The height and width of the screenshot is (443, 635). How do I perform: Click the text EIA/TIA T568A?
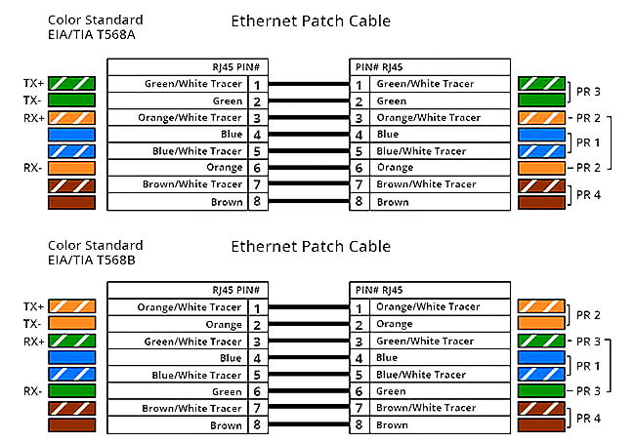[x=92, y=34]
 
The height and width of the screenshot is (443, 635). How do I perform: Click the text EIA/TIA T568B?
[x=92, y=260]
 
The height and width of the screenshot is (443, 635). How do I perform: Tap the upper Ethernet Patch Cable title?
[x=311, y=21]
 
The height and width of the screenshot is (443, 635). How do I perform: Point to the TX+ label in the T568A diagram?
[x=33, y=83]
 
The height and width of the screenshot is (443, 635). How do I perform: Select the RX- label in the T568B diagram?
[x=32, y=391]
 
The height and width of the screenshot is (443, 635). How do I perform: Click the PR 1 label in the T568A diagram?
[x=588, y=142]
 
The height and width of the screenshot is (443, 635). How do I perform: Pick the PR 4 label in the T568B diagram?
[x=588, y=418]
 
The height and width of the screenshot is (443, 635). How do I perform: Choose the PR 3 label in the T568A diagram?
[x=588, y=92]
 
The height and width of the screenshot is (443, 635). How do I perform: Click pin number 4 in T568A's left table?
[x=257, y=135]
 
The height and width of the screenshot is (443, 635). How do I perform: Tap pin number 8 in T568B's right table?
[x=359, y=424]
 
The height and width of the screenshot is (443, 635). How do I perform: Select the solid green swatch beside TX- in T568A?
[x=71, y=100]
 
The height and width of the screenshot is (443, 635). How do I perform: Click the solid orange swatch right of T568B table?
[x=541, y=323]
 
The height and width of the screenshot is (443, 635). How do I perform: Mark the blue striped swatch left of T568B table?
[x=72, y=375]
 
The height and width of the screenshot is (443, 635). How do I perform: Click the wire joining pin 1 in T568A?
[x=309, y=84]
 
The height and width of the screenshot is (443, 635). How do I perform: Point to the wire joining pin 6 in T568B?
[x=309, y=391]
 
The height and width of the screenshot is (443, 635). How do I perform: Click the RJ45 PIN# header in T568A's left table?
[x=235, y=67]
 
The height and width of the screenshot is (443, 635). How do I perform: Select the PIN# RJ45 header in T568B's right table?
[x=379, y=290]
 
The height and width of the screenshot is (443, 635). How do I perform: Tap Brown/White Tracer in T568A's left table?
[x=191, y=184]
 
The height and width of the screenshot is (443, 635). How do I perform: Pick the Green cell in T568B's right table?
[x=391, y=391]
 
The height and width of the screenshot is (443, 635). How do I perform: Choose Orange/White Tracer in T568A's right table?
[x=429, y=118]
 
